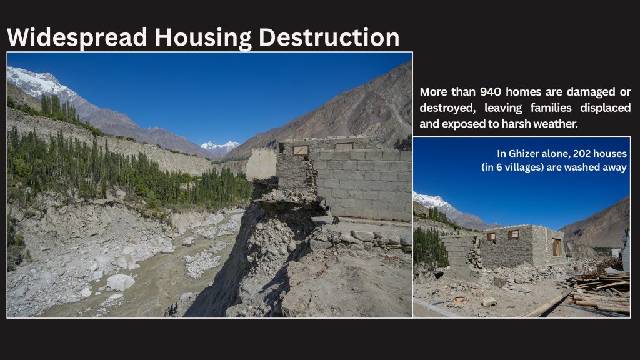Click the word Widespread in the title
(x=77, y=37)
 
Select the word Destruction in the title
(x=329, y=37)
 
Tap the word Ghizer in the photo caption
(x=524, y=154)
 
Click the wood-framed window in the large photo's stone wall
(x=301, y=150)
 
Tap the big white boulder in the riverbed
(x=121, y=282)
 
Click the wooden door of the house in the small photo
(x=557, y=247)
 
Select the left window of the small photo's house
(x=491, y=237)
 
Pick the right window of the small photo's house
(x=513, y=234)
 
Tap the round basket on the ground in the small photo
(x=459, y=301)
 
